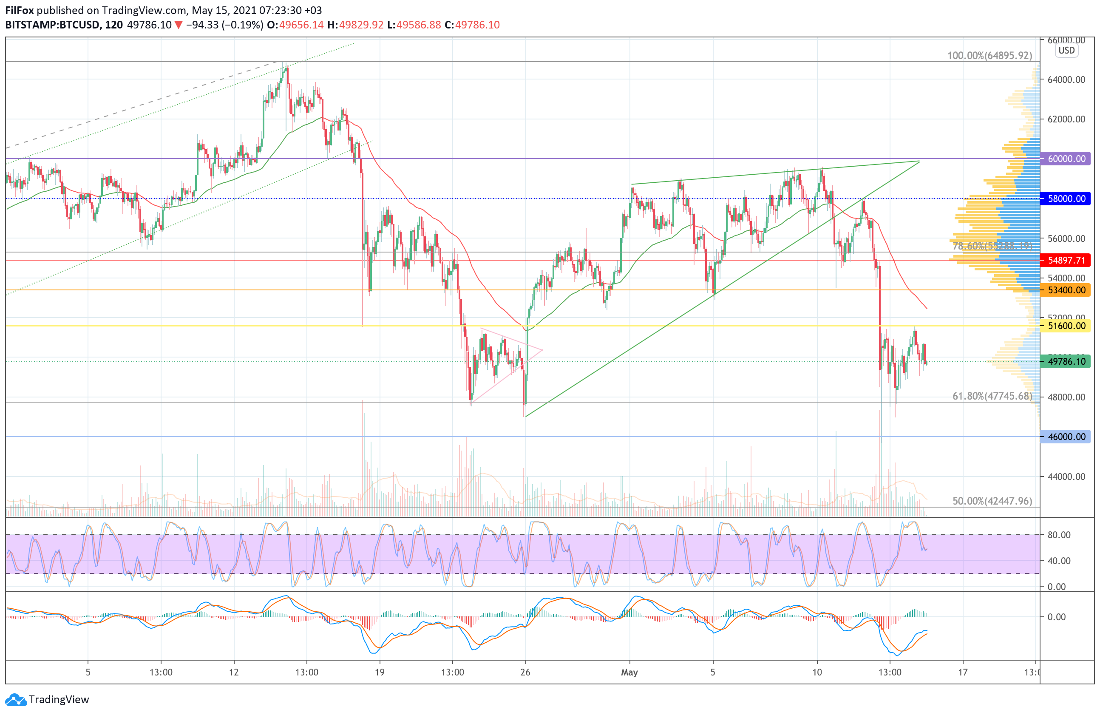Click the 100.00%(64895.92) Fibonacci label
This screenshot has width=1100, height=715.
click(989, 55)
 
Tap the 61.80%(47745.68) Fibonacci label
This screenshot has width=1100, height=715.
click(992, 396)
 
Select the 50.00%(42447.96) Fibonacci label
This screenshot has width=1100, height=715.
click(992, 501)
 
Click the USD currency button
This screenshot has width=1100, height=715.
click(1066, 51)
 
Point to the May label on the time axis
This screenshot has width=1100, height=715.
click(629, 672)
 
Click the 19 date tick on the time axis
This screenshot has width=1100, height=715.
click(380, 672)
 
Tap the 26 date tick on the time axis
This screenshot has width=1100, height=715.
click(525, 672)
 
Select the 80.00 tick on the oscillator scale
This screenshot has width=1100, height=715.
click(1059, 535)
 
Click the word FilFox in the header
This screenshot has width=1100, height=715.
click(20, 10)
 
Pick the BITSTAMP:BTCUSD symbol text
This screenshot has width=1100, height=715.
click(53, 25)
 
